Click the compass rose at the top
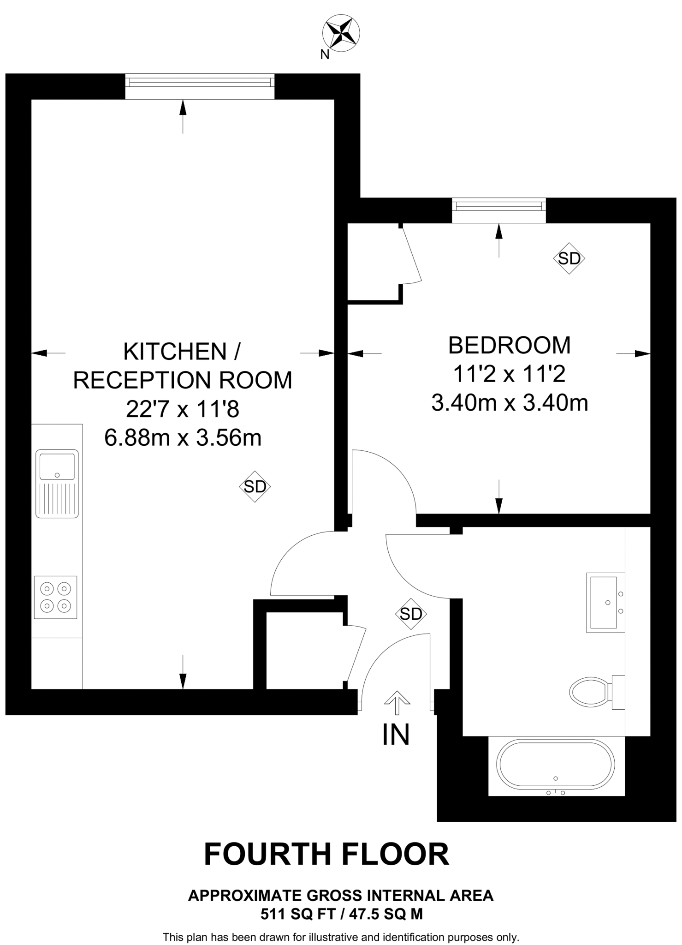tap(342, 33)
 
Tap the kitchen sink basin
tap(57, 467)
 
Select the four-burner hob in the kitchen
tap(55, 597)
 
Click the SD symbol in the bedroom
tap(569, 258)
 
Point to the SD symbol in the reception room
tap(255, 486)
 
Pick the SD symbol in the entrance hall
tap(411, 614)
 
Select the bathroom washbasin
tap(604, 602)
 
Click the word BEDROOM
tap(510, 345)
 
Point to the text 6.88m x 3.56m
tap(183, 437)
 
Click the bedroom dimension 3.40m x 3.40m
tap(510, 402)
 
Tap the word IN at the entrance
tap(396, 735)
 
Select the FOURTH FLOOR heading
tap(326, 854)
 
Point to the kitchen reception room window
tap(200, 82)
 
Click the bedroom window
tap(498, 205)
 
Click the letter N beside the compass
tap(325, 55)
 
